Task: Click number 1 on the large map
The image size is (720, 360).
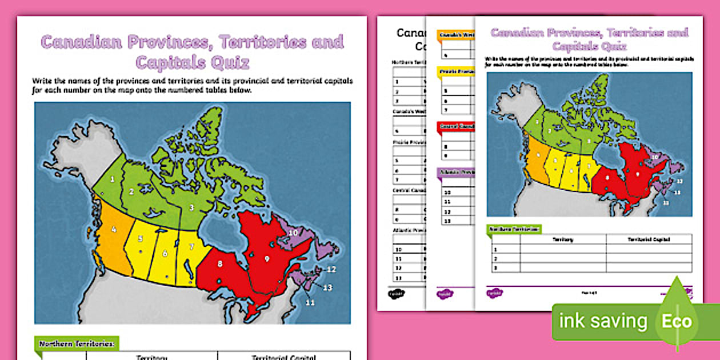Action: (x=113, y=179)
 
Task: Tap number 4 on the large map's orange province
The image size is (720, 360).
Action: (x=114, y=230)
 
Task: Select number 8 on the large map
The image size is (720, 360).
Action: (x=219, y=264)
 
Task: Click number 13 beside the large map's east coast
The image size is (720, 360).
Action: (x=327, y=287)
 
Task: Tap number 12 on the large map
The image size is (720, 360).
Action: (x=331, y=269)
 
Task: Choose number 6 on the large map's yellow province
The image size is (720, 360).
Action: (x=165, y=254)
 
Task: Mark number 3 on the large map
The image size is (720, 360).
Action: (x=192, y=207)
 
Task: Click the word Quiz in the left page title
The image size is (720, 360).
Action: (x=229, y=62)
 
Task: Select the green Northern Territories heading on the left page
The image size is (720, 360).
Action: (x=77, y=343)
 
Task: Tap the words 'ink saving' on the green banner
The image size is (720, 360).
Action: (x=602, y=322)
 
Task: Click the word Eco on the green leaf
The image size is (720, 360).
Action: (x=677, y=321)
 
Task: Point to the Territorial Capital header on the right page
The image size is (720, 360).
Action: (x=649, y=240)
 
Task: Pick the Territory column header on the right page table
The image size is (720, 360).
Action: (x=563, y=240)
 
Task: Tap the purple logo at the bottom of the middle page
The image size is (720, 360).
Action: (x=442, y=294)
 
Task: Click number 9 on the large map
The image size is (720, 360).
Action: (x=266, y=258)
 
